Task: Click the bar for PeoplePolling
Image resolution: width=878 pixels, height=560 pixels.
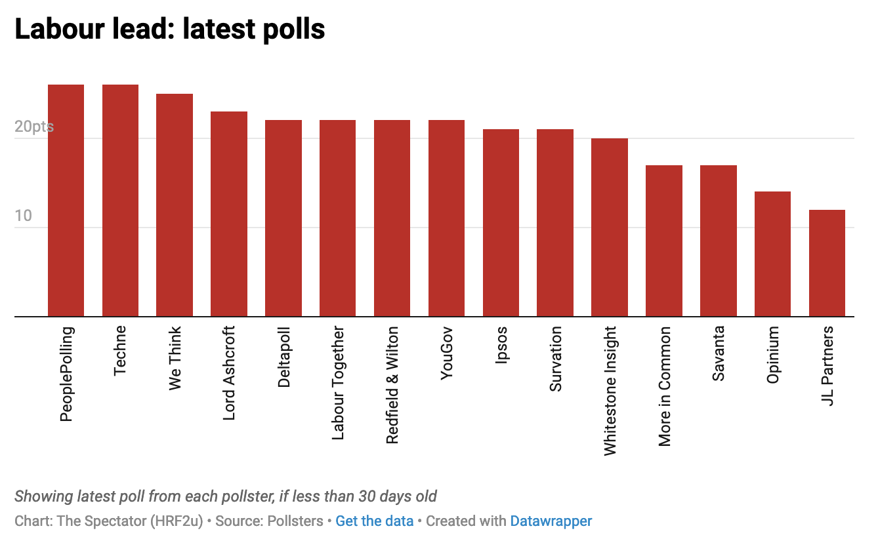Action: [x=66, y=201]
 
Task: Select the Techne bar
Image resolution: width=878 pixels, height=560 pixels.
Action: [x=120, y=201]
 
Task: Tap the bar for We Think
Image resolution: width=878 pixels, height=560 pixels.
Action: [x=175, y=205]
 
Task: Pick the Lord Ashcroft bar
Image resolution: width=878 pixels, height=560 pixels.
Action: [x=229, y=214]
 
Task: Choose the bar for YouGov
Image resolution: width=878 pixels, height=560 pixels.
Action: [x=446, y=218]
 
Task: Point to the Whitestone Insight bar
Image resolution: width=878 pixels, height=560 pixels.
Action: [x=610, y=228]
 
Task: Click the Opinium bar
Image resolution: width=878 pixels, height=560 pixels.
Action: [x=772, y=254]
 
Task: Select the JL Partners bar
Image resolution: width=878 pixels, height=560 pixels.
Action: [x=827, y=263]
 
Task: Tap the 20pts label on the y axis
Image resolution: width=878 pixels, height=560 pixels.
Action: [x=34, y=127]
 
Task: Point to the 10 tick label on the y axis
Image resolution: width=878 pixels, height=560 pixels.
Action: [x=23, y=216]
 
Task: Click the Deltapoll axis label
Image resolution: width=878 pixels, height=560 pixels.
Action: [x=284, y=357]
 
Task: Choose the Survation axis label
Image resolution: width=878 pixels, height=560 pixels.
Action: [x=556, y=359]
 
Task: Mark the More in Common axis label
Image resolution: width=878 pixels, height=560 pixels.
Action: [x=665, y=386]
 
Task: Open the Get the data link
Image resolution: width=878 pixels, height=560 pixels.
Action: [x=374, y=521]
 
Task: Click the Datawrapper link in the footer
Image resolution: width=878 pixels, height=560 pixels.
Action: [x=551, y=521]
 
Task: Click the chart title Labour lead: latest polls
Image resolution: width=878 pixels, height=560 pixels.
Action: [x=169, y=30]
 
